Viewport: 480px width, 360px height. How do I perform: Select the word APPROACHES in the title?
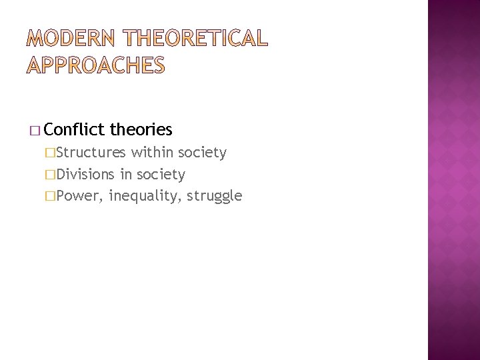[95, 66]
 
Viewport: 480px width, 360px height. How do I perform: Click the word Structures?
[91, 153]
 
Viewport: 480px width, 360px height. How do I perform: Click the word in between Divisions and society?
[125, 175]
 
